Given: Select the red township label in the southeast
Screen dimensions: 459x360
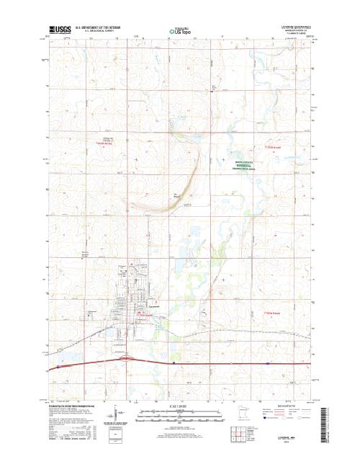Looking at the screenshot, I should pos(271,313).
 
